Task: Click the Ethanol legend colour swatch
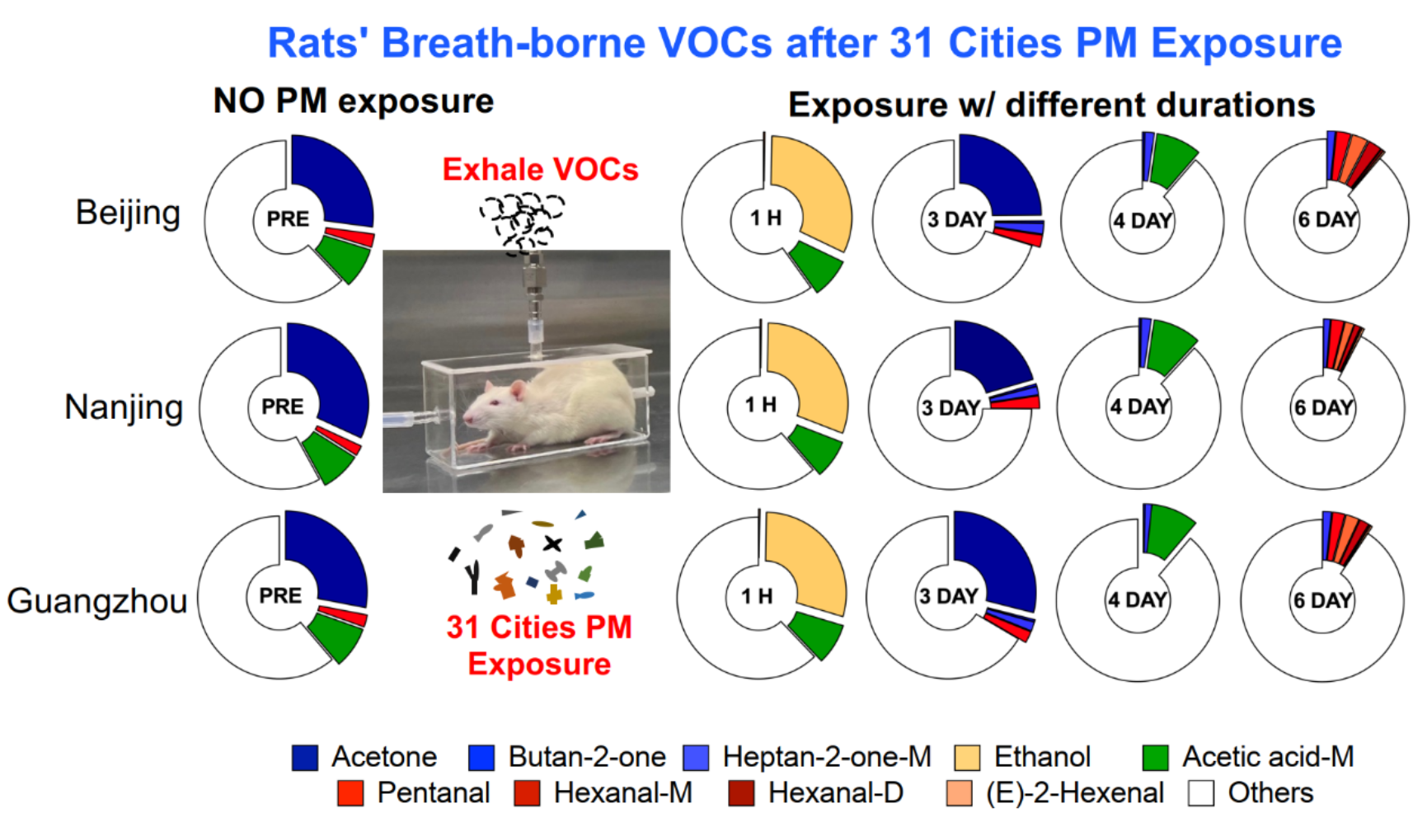[x=967, y=757]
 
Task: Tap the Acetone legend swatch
[x=305, y=757]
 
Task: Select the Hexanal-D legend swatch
[x=742, y=793]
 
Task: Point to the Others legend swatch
[x=1201, y=793]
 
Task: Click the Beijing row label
[x=128, y=213]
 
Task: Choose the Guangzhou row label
[x=97, y=601]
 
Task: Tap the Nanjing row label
[x=124, y=407]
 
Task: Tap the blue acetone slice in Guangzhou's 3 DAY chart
[x=997, y=561]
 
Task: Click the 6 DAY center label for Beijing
[x=1326, y=220]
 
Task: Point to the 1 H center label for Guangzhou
[x=756, y=596]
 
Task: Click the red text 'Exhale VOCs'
[x=540, y=170]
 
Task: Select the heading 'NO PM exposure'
[x=353, y=101]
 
